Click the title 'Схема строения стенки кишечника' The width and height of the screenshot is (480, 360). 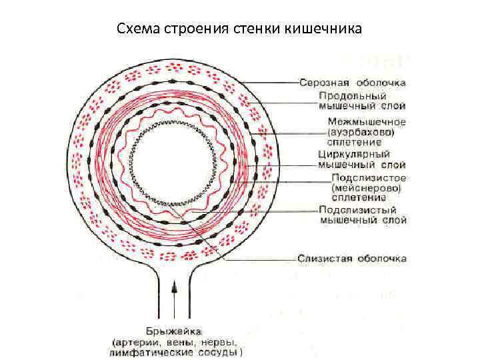click(239, 29)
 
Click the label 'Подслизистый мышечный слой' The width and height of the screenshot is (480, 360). click(363, 214)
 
